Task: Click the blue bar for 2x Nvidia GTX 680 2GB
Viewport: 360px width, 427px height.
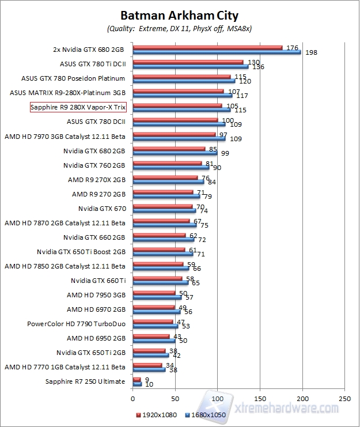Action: pyautogui.click(x=217, y=52)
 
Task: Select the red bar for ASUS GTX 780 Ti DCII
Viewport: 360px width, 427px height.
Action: pyautogui.click(x=188, y=62)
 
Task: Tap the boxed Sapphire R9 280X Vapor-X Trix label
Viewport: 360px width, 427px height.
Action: pyautogui.click(x=78, y=107)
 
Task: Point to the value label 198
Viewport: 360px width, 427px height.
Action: pyautogui.click(x=312, y=53)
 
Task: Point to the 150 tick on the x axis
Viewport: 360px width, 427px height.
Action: pyautogui.click(x=260, y=398)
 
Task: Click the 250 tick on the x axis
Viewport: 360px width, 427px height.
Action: pyautogui.click(x=344, y=398)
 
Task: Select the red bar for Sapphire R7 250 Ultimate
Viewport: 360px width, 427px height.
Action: pyautogui.click(x=137, y=379)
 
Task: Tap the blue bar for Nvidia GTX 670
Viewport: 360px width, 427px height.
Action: pyautogui.click(x=164, y=210)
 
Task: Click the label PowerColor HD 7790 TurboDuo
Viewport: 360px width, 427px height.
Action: pyautogui.click(x=76, y=324)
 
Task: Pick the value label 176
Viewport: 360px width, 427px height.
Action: pyautogui.click(x=291, y=48)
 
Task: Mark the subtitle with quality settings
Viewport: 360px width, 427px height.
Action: pyautogui.click(x=179, y=28)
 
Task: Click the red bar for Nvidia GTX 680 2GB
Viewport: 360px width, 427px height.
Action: pyautogui.click(x=169, y=148)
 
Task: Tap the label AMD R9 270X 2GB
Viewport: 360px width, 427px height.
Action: pyautogui.click(x=96, y=179)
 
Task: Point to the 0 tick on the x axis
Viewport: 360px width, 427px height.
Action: pyautogui.click(x=132, y=398)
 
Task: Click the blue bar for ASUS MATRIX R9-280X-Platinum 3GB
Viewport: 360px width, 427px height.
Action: pyautogui.click(x=182, y=95)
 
